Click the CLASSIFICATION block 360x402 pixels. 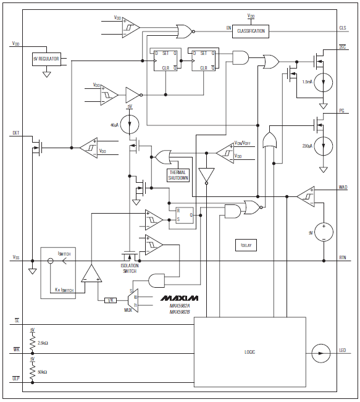tap(251, 31)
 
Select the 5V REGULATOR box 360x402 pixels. tap(46, 59)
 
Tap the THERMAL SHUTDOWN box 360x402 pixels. tap(178, 175)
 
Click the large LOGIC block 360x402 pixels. tap(249, 351)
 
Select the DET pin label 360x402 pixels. tap(16, 133)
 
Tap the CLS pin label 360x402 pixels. tap(343, 28)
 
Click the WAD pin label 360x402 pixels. tap(343, 187)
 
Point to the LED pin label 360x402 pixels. tap(343, 352)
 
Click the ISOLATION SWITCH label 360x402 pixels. tap(129, 269)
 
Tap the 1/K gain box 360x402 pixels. tap(111, 300)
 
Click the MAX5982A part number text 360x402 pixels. tap(180, 306)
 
